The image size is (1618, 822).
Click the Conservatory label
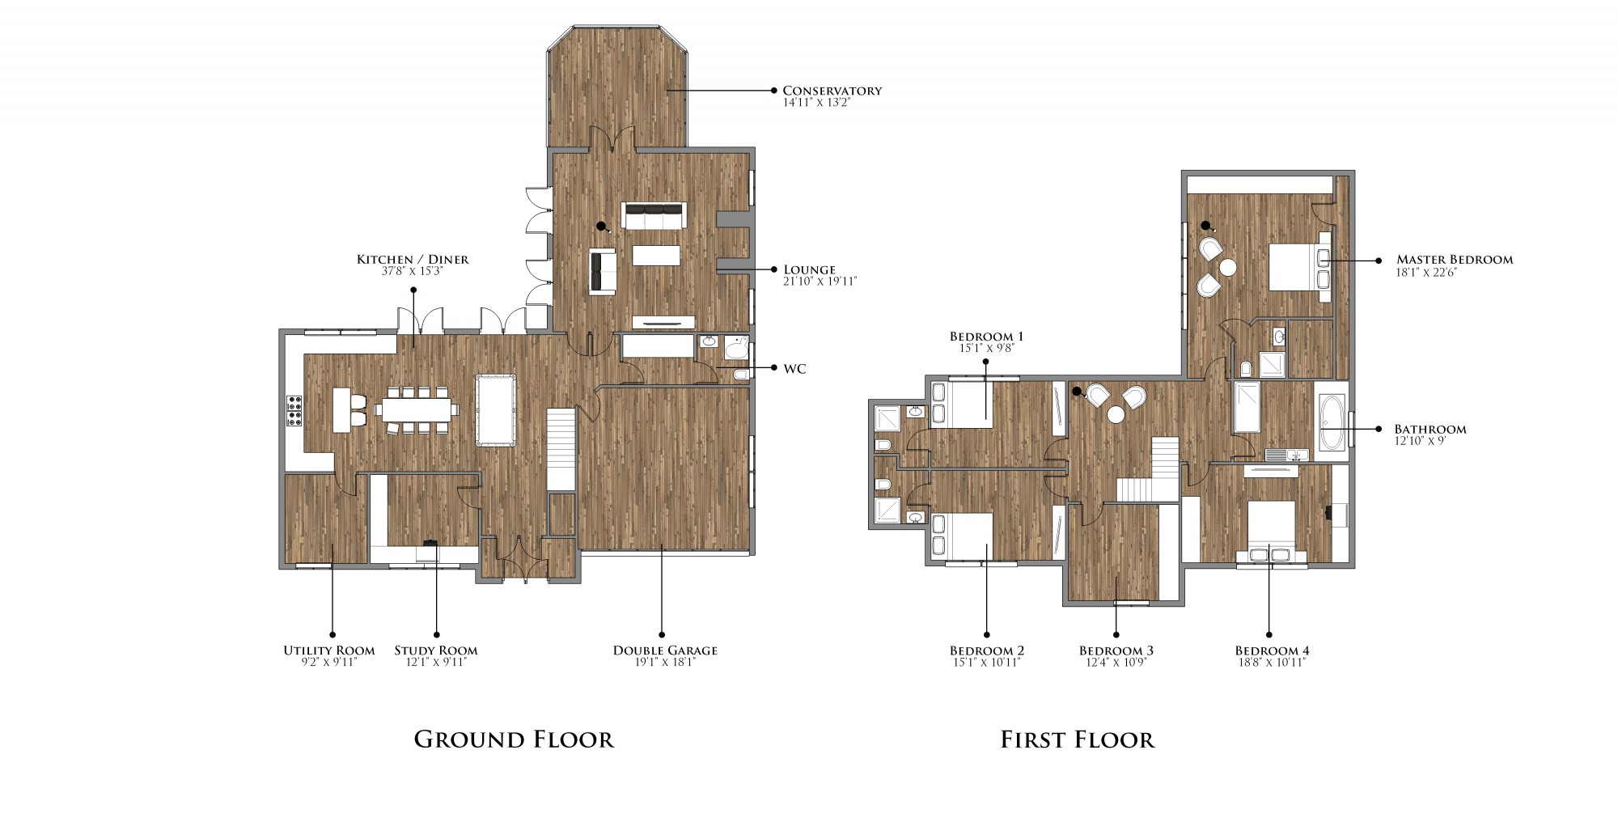coord(832,91)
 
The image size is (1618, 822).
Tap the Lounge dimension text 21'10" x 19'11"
coord(820,282)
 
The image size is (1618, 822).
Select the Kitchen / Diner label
coord(413,260)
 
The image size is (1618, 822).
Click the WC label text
coord(794,369)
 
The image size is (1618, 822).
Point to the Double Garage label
coord(665,650)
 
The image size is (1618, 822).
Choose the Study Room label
coord(436,650)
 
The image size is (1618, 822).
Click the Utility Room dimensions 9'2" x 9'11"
coord(328,662)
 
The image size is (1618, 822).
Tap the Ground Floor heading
coord(514,739)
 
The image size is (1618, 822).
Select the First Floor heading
coord(1078,739)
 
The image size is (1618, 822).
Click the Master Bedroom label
coord(1455,260)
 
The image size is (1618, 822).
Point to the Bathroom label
coord(1430,430)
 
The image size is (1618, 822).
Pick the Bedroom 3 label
coord(1116,650)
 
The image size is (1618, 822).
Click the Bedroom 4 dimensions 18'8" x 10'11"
coord(1272,662)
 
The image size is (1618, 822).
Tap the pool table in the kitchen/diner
coord(495,409)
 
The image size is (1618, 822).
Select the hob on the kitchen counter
coord(294,411)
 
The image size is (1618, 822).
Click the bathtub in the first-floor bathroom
coord(1332,422)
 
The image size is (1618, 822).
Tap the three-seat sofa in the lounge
coord(653,215)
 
